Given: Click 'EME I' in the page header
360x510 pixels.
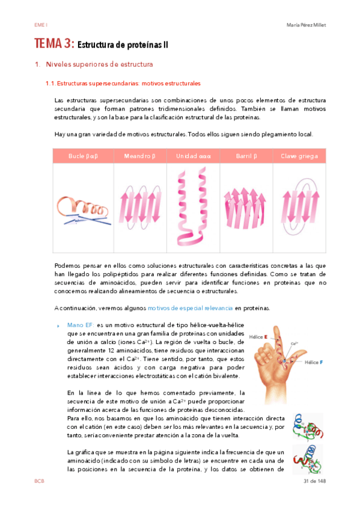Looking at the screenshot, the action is [x=41, y=25].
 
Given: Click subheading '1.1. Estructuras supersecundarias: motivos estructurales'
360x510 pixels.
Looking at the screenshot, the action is [x=123, y=84].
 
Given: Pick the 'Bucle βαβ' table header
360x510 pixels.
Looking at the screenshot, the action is [x=82, y=156].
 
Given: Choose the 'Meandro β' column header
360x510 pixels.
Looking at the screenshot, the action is [x=139, y=156].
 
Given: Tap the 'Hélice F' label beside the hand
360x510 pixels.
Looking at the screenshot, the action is [x=314, y=363].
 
